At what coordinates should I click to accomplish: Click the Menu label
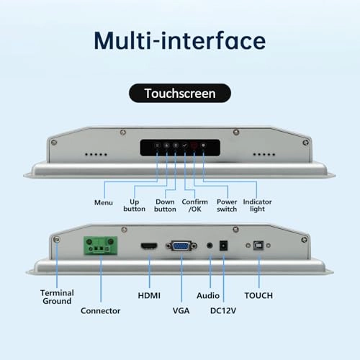104,202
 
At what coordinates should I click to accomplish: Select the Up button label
135,205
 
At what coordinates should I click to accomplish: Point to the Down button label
165,205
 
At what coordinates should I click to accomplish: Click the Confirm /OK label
195,205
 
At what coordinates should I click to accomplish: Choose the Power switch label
227,205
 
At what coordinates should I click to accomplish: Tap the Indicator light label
258,205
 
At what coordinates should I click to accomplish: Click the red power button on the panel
194,145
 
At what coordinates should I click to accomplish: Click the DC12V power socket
222,246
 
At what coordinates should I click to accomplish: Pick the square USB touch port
257,246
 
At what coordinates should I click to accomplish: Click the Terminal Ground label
55,296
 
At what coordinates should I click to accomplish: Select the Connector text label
100,310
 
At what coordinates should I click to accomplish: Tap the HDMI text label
148,296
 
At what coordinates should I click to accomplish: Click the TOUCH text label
258,296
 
